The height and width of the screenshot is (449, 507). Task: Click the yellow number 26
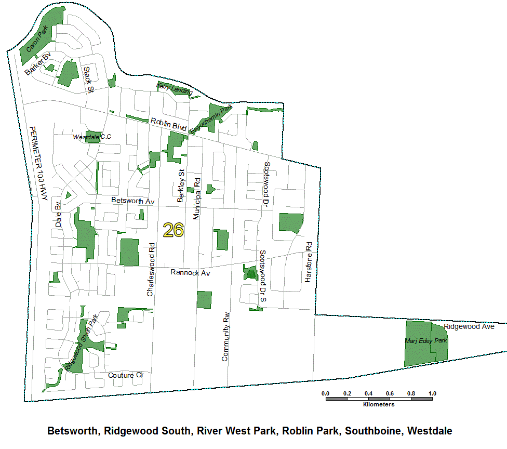click(x=173, y=230)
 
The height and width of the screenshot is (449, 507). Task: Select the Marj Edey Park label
click(x=425, y=341)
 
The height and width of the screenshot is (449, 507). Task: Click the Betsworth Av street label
click(x=133, y=201)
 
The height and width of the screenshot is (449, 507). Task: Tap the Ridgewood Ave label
click(x=469, y=327)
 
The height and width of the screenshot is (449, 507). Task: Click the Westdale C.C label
click(x=92, y=137)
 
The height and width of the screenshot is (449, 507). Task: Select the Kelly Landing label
click(x=175, y=88)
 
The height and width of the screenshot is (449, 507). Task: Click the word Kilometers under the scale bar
click(x=379, y=404)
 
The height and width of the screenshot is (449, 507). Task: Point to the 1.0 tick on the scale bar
click(x=432, y=393)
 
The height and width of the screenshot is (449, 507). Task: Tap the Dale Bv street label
click(x=58, y=214)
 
